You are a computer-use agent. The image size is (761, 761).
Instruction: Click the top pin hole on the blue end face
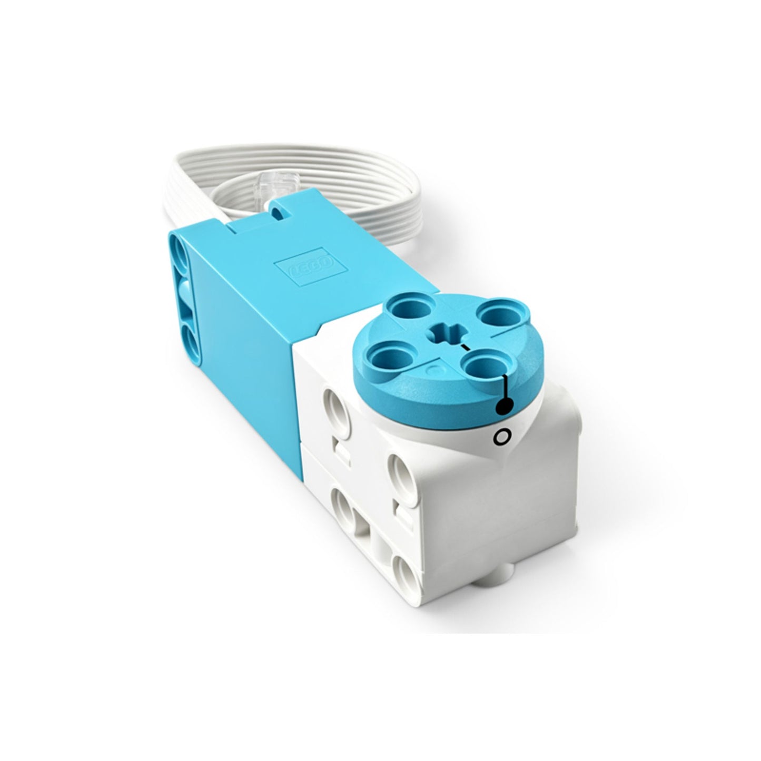tap(181, 259)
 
